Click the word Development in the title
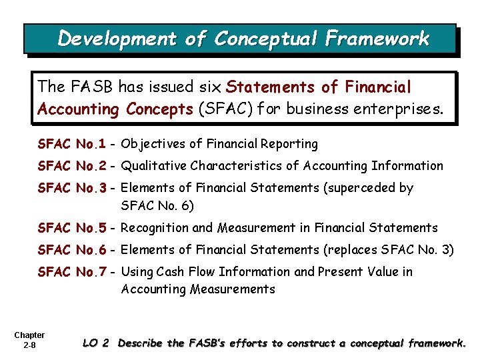click(117, 39)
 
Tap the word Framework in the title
click(377, 39)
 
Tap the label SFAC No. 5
click(72, 228)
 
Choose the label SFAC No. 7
click(72, 272)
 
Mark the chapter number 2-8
click(29, 345)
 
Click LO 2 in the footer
click(95, 343)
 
